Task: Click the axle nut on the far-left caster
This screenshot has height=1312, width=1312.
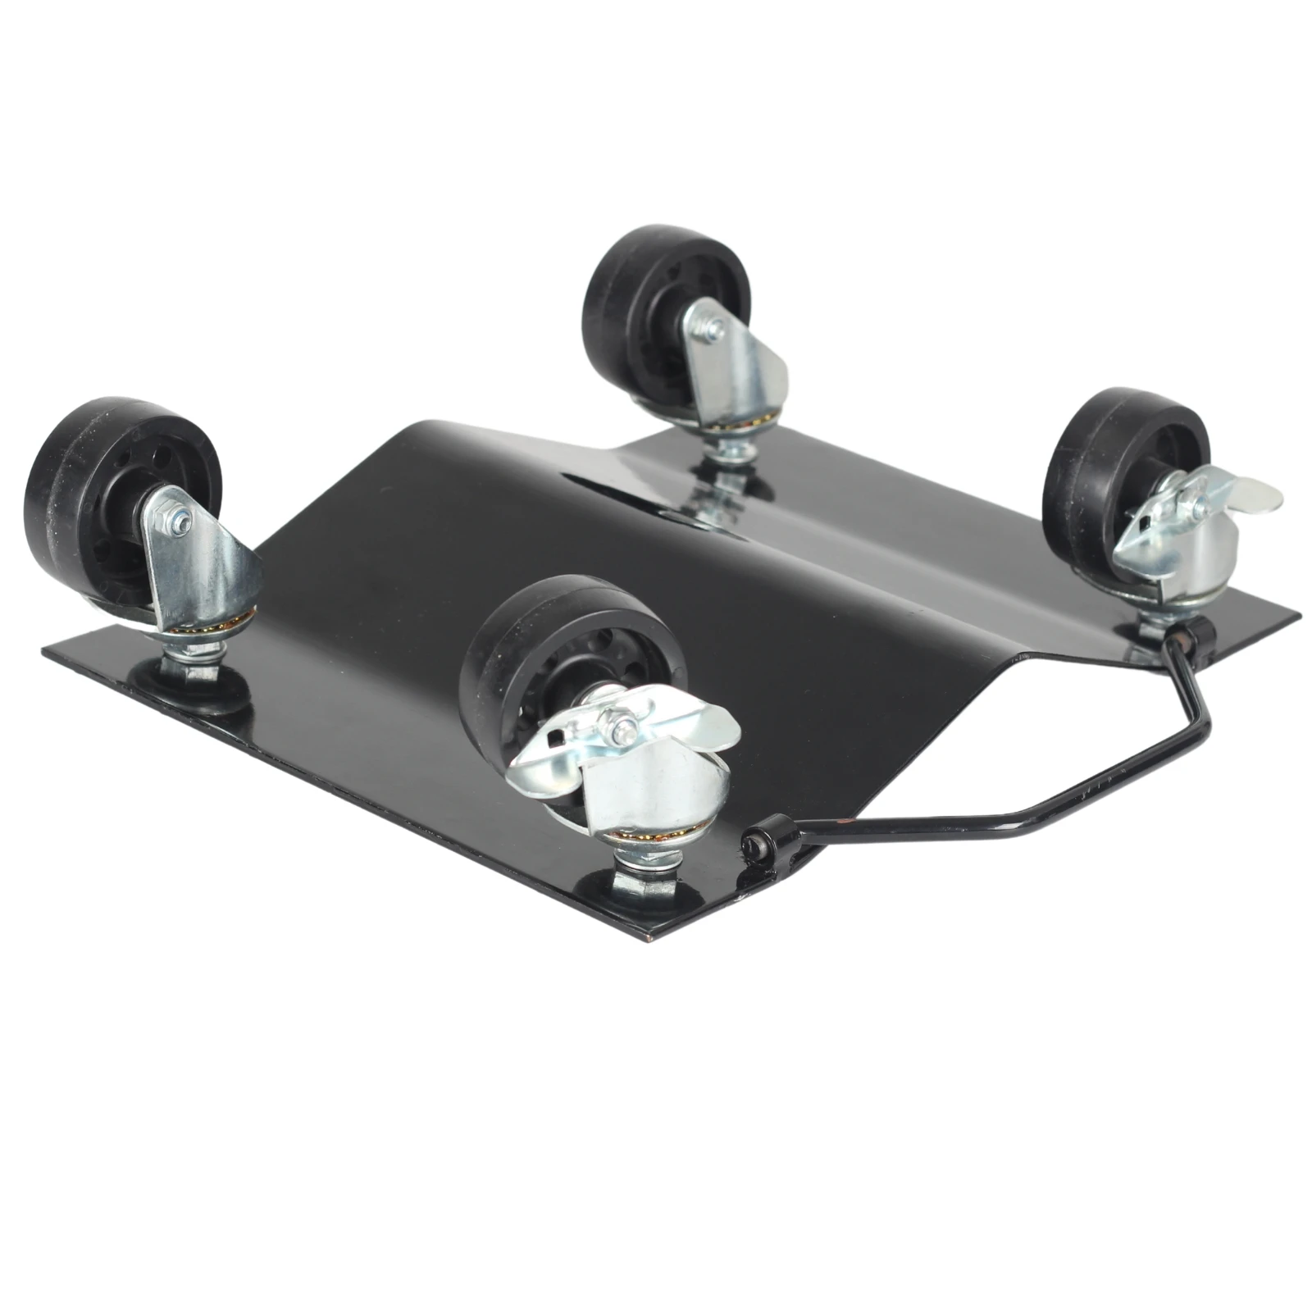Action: (179, 518)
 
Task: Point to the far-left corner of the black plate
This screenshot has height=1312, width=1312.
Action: (45, 648)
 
